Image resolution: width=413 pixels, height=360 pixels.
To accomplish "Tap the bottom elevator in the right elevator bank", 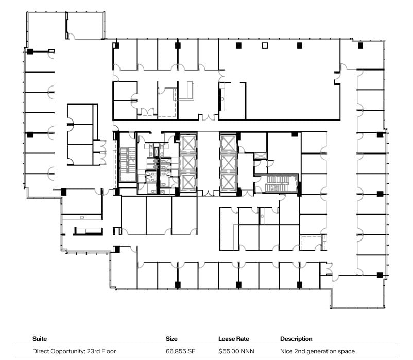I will [227, 181].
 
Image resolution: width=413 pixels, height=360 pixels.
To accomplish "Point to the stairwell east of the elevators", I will [281, 183].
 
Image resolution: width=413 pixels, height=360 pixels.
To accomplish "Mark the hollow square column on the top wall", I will [265, 45].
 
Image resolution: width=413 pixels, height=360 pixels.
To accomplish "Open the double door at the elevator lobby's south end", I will [208, 194].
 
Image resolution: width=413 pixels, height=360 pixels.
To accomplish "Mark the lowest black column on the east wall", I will [380, 275].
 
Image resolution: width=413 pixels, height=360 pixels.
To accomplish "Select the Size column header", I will [172, 339].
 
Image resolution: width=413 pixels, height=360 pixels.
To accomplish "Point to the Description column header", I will [296, 339].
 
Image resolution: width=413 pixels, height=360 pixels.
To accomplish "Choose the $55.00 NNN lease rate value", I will [236, 351].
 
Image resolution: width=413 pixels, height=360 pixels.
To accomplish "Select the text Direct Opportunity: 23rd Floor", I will [74, 351].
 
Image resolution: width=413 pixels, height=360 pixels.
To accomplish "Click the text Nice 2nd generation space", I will [317, 351].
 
